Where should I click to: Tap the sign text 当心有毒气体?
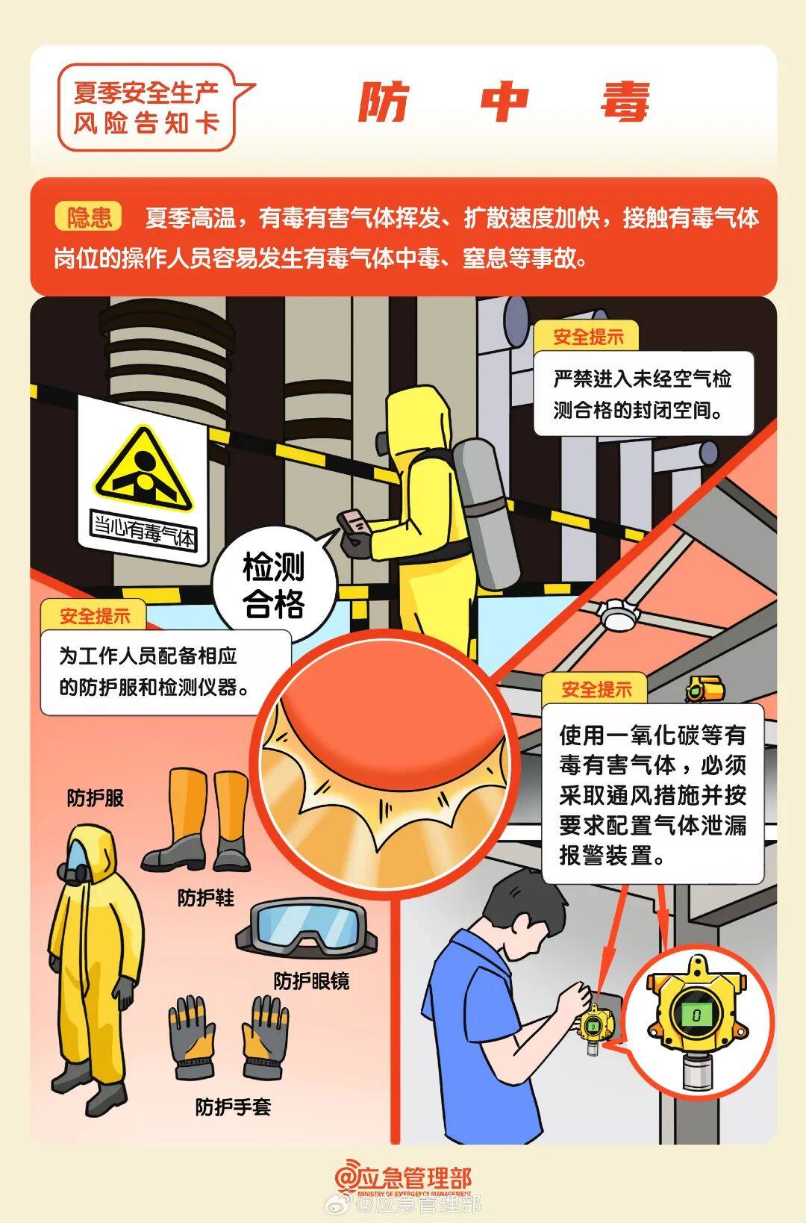(143, 529)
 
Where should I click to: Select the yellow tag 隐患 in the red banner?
(89, 217)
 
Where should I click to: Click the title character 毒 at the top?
(625, 102)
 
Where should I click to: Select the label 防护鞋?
(205, 897)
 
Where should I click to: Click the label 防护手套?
(233, 1107)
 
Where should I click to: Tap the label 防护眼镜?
(310, 980)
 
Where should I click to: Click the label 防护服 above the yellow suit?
(95, 797)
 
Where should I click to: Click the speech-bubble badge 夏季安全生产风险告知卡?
(146, 108)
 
